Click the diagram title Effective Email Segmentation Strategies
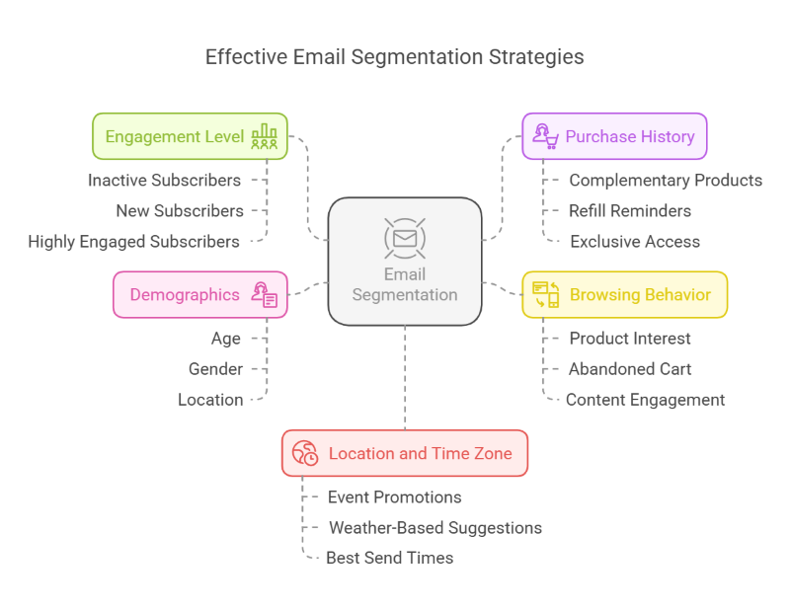pos(394,57)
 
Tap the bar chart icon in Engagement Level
pos(264,136)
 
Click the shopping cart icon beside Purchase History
pos(545,136)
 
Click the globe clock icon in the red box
pos(305,453)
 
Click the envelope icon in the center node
pos(405,238)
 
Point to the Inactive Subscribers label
pos(164,180)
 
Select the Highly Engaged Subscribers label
pos(133,242)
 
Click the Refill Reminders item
pos(630,210)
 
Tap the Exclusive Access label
pos(635,242)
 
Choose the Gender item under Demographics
pos(215,369)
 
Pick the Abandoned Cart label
pos(630,369)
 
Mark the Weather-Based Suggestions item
pos(435,528)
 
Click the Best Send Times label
pos(390,559)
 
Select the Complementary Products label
pos(666,180)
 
